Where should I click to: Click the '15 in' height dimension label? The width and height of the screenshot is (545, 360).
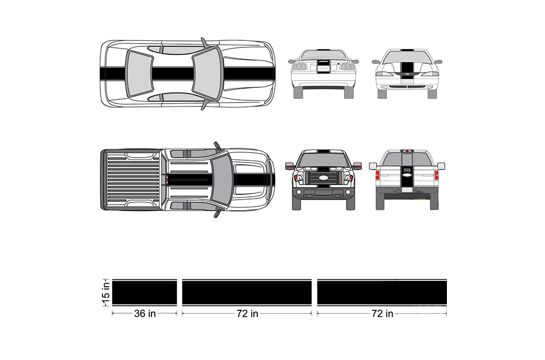[106, 292]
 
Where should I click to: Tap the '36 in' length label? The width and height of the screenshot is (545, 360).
[145, 314]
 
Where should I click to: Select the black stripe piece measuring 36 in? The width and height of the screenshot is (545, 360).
[144, 293]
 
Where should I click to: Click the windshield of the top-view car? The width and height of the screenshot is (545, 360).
[207, 74]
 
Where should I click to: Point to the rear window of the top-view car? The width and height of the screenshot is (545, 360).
[140, 74]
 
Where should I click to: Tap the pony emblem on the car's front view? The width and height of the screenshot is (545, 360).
[407, 74]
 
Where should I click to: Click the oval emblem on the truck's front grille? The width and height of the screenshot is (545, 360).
[323, 177]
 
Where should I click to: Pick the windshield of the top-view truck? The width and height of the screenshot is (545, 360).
[222, 180]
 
